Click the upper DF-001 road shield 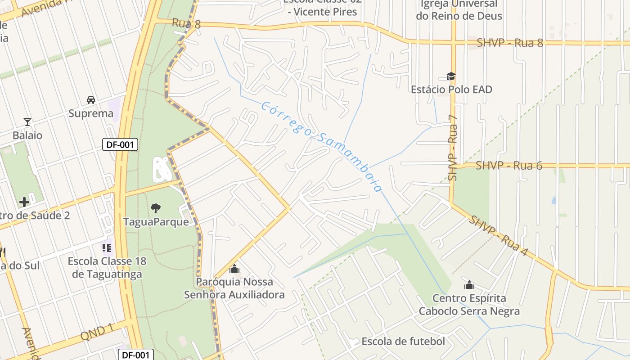tap(120, 145)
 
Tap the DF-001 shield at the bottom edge tap(135, 355)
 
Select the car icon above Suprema tap(90, 99)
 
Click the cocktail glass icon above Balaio tap(27, 121)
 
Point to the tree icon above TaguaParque tap(156, 208)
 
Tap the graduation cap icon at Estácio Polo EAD tap(451, 76)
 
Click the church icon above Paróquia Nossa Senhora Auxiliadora tap(234, 269)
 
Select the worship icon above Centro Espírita tap(469, 285)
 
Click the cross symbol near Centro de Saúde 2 tap(24, 202)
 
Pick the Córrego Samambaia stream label tap(321, 146)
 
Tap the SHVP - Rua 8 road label tap(510, 43)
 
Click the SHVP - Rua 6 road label tap(509, 166)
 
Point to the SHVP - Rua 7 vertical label tap(452, 148)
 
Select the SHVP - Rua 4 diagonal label tap(498, 236)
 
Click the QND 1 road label tap(97, 332)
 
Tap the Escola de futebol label tap(403, 342)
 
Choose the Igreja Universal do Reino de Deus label tap(459, 10)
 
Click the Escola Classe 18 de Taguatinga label tap(107, 268)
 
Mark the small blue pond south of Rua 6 tap(553, 201)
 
